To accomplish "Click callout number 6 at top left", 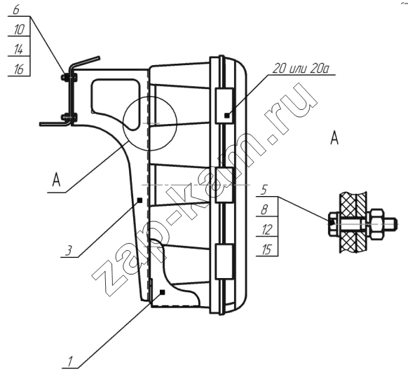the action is click(x=16, y=10).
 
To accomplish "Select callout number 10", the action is click(x=19, y=29).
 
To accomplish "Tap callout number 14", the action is click(x=19, y=50).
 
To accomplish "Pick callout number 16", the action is click(x=19, y=69).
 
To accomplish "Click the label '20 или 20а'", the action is click(x=301, y=69).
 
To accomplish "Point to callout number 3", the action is click(x=69, y=251).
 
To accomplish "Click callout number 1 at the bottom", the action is click(x=69, y=362).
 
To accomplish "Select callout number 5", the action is click(x=264, y=190).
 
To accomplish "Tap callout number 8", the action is click(x=264, y=209).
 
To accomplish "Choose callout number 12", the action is click(x=267, y=230).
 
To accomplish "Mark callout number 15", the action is click(x=266, y=250).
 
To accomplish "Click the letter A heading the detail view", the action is click(x=334, y=138).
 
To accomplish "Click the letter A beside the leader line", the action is click(x=57, y=180).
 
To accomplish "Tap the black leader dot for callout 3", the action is click(x=140, y=200).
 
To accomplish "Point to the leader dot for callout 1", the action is click(x=163, y=292).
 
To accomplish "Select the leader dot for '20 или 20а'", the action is click(x=227, y=115).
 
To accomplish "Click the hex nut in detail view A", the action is click(x=377, y=224).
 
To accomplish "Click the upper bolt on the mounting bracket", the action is click(x=69, y=77).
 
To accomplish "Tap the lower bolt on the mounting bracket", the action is click(x=69, y=118).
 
